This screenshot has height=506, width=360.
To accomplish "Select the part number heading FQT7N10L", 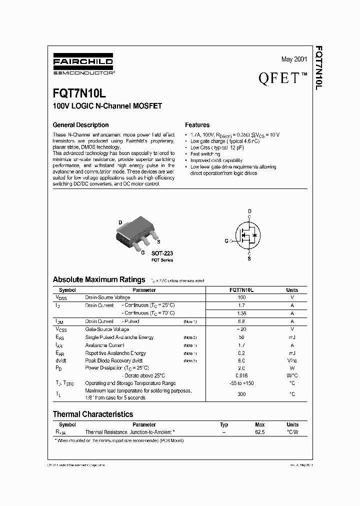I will tap(79, 94).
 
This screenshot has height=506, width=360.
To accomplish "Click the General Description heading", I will tap(80, 125).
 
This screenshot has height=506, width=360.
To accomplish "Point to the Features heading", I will tap(197, 125).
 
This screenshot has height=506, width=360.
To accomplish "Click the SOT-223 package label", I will tap(162, 253).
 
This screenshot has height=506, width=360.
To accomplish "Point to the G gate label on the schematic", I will tap(226, 241).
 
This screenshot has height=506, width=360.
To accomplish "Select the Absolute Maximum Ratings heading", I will tap(99, 279).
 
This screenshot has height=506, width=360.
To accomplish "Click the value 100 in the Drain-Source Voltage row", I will tap(241, 297).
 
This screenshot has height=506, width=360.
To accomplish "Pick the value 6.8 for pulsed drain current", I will tap(241, 321).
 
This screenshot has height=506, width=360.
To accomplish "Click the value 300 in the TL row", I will tap(241, 394).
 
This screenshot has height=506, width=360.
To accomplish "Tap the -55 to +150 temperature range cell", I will tap(241, 383).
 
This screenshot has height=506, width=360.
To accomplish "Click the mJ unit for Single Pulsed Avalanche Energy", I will tap(292, 337).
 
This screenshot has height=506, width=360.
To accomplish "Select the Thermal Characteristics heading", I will tap(93, 414).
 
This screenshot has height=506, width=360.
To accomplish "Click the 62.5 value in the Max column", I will tap(259, 431).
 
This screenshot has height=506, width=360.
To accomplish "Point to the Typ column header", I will tap(224, 424).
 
